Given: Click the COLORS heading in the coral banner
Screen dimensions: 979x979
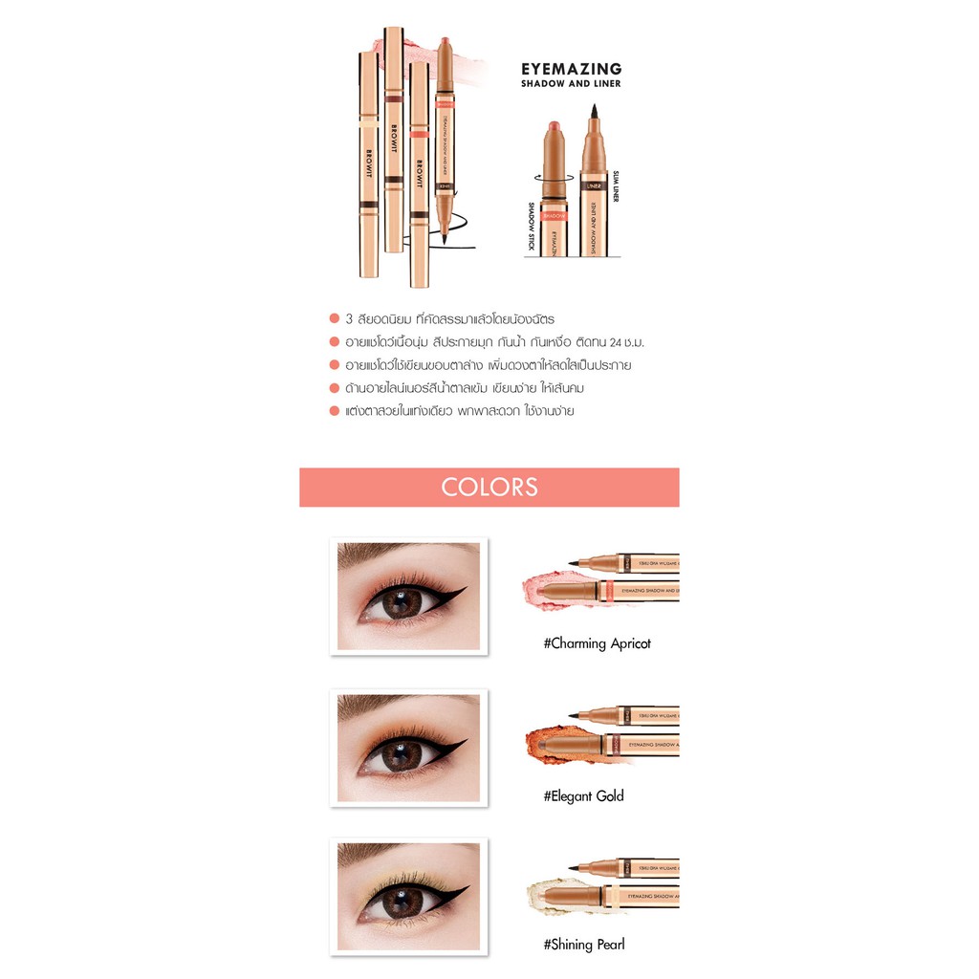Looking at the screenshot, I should pos(489,487).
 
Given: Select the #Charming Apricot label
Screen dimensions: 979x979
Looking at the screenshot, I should pos(597,643).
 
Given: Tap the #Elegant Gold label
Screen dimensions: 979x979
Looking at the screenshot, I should pos(583,795).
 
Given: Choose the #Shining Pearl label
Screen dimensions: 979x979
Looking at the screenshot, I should pos(584,945).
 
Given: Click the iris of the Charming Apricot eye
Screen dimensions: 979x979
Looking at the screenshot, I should pos(402,603).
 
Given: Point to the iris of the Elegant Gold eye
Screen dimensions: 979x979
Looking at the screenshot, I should pos(402,755).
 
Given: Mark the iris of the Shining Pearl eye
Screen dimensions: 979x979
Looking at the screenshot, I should pos(402,903).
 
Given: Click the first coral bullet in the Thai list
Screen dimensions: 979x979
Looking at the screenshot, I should pos(334,319).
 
